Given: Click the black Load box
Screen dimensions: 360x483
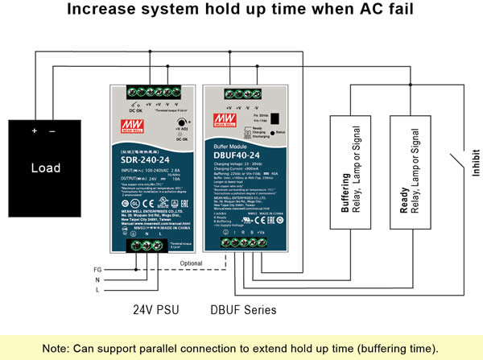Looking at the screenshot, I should click(46, 168).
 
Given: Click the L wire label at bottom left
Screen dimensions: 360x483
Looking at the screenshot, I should click(97, 288).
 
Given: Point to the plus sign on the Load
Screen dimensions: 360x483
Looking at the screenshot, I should click(34, 131).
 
